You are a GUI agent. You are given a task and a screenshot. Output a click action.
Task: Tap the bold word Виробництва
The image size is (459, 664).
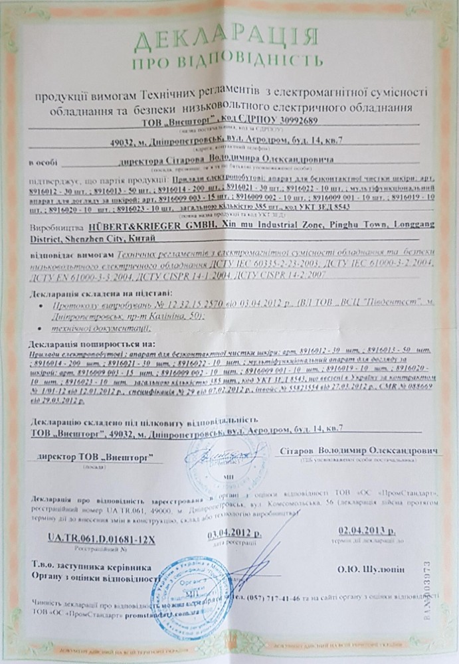click(52, 227)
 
